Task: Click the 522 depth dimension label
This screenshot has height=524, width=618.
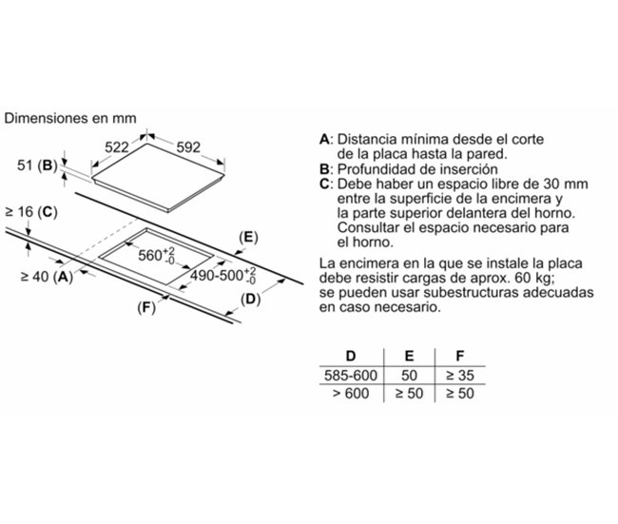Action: pyautogui.click(x=117, y=147)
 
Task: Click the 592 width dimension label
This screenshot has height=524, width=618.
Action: pyautogui.click(x=188, y=147)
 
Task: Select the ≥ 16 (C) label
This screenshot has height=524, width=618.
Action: pyautogui.click(x=31, y=212)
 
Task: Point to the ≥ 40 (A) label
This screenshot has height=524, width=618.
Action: pyautogui.click(x=47, y=277)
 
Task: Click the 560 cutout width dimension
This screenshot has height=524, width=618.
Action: pyautogui.click(x=157, y=256)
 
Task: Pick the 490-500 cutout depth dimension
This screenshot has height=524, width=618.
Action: pyautogui.click(x=223, y=275)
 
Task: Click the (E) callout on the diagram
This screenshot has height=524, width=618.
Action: pyautogui.click(x=248, y=238)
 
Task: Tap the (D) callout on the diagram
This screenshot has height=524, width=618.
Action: pyautogui.click(x=251, y=300)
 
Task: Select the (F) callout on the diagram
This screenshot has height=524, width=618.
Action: pyautogui.click(x=146, y=307)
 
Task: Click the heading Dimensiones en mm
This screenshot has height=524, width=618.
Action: pyautogui.click(x=70, y=118)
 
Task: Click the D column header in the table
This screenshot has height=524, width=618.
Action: pyautogui.click(x=351, y=356)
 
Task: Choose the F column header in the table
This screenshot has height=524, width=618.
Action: pyautogui.click(x=460, y=356)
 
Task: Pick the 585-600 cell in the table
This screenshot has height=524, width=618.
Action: pyautogui.click(x=351, y=375)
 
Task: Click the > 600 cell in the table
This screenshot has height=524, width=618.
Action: pyautogui.click(x=351, y=393)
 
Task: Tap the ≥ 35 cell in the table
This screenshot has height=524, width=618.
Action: pyautogui.click(x=460, y=375)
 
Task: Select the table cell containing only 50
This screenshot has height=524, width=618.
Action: pyautogui.click(x=409, y=375)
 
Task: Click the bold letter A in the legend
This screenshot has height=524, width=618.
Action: pyautogui.click(x=324, y=139)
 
